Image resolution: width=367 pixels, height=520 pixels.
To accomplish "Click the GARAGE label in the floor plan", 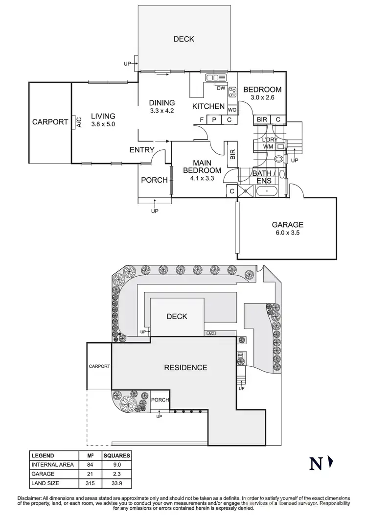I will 288,225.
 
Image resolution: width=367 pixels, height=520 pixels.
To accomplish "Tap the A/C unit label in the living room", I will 78,122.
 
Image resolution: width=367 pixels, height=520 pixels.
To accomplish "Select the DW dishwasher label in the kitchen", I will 221,89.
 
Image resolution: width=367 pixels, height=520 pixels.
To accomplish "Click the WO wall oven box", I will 232,110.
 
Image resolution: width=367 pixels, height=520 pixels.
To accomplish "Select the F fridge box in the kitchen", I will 201,120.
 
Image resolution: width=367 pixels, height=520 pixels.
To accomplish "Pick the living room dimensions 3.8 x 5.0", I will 103,124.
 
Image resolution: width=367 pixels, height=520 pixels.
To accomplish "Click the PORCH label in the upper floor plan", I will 154,180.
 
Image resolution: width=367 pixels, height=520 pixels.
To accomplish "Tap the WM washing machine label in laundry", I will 268,146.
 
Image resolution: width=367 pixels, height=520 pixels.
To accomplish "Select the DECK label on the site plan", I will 177,316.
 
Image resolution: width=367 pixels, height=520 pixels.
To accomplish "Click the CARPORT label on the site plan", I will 99,366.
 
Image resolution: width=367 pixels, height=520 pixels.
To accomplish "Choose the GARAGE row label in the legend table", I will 43,474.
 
